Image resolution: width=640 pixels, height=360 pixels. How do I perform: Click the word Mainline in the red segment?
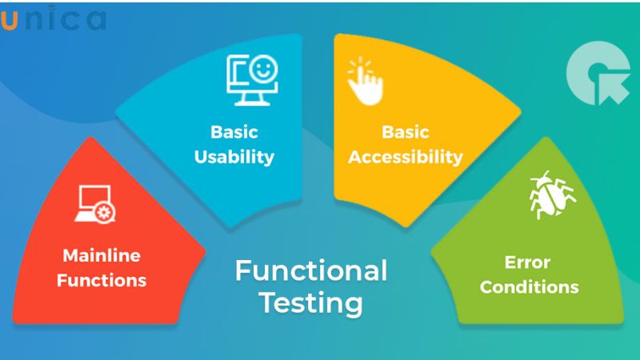[x=101, y=256]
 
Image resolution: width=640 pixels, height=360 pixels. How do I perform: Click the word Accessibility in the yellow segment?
[x=406, y=156]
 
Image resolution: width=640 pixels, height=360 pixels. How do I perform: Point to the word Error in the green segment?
[x=527, y=262]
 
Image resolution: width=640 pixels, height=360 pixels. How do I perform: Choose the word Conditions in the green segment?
[x=530, y=286]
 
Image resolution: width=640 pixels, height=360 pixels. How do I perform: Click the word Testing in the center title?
[x=310, y=304]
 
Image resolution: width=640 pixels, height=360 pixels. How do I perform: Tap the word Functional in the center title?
[x=310, y=270]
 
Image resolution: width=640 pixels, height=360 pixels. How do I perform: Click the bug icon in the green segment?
[x=551, y=194]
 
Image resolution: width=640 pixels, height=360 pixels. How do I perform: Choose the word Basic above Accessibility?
[x=406, y=132]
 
